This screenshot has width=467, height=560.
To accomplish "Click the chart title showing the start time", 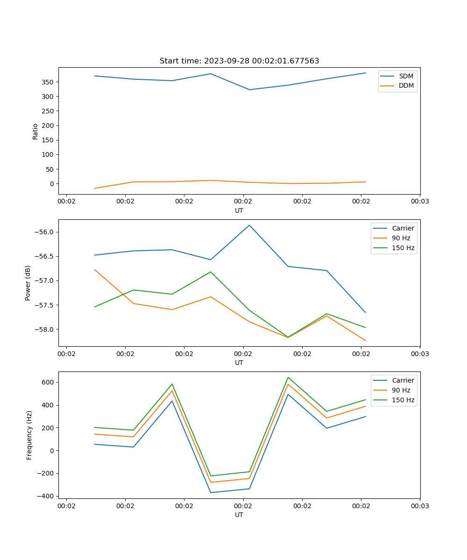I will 239,61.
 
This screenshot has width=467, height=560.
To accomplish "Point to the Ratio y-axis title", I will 35,131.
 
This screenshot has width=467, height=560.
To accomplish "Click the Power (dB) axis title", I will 28,283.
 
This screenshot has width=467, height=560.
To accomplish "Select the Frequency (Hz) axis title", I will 29,435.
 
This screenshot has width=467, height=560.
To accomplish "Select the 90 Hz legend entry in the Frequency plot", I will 401,390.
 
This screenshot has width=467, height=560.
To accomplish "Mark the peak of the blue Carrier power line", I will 249,225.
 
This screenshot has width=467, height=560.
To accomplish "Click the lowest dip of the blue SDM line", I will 249,90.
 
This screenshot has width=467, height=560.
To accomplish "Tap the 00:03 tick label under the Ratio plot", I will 420,202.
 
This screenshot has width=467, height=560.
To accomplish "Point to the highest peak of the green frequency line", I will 288,377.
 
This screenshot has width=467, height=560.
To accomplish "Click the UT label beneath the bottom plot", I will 239,515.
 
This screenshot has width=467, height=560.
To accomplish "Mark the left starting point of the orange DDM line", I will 95,188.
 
